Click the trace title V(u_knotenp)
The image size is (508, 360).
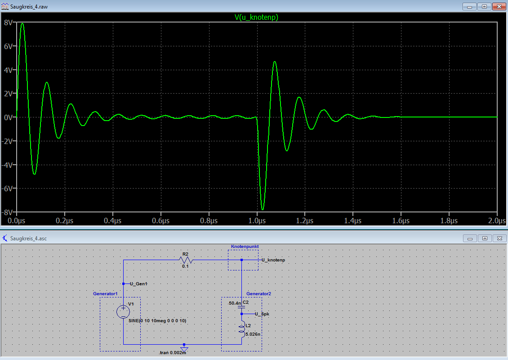click(256, 17)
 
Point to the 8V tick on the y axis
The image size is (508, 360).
click(9, 22)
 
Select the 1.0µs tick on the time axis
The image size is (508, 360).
click(257, 220)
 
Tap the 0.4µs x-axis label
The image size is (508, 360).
click(113, 220)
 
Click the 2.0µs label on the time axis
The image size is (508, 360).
click(497, 220)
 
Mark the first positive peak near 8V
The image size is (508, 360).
click(22, 24)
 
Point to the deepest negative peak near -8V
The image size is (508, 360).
click(263, 209)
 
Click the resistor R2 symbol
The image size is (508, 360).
click(186, 260)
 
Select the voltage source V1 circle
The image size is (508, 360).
click(123, 312)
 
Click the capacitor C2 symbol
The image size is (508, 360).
click(241, 306)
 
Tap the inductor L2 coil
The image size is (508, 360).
click(242, 329)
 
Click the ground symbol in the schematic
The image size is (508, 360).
click(184, 349)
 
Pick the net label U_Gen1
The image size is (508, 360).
click(138, 284)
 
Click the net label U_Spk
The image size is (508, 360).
click(262, 314)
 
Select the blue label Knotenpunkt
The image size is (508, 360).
click(245, 247)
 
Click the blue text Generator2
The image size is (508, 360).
click(258, 293)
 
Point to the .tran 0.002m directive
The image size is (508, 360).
click(172, 352)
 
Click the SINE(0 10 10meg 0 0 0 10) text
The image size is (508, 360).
click(157, 321)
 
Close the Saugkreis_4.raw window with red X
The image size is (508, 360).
click(499, 6)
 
